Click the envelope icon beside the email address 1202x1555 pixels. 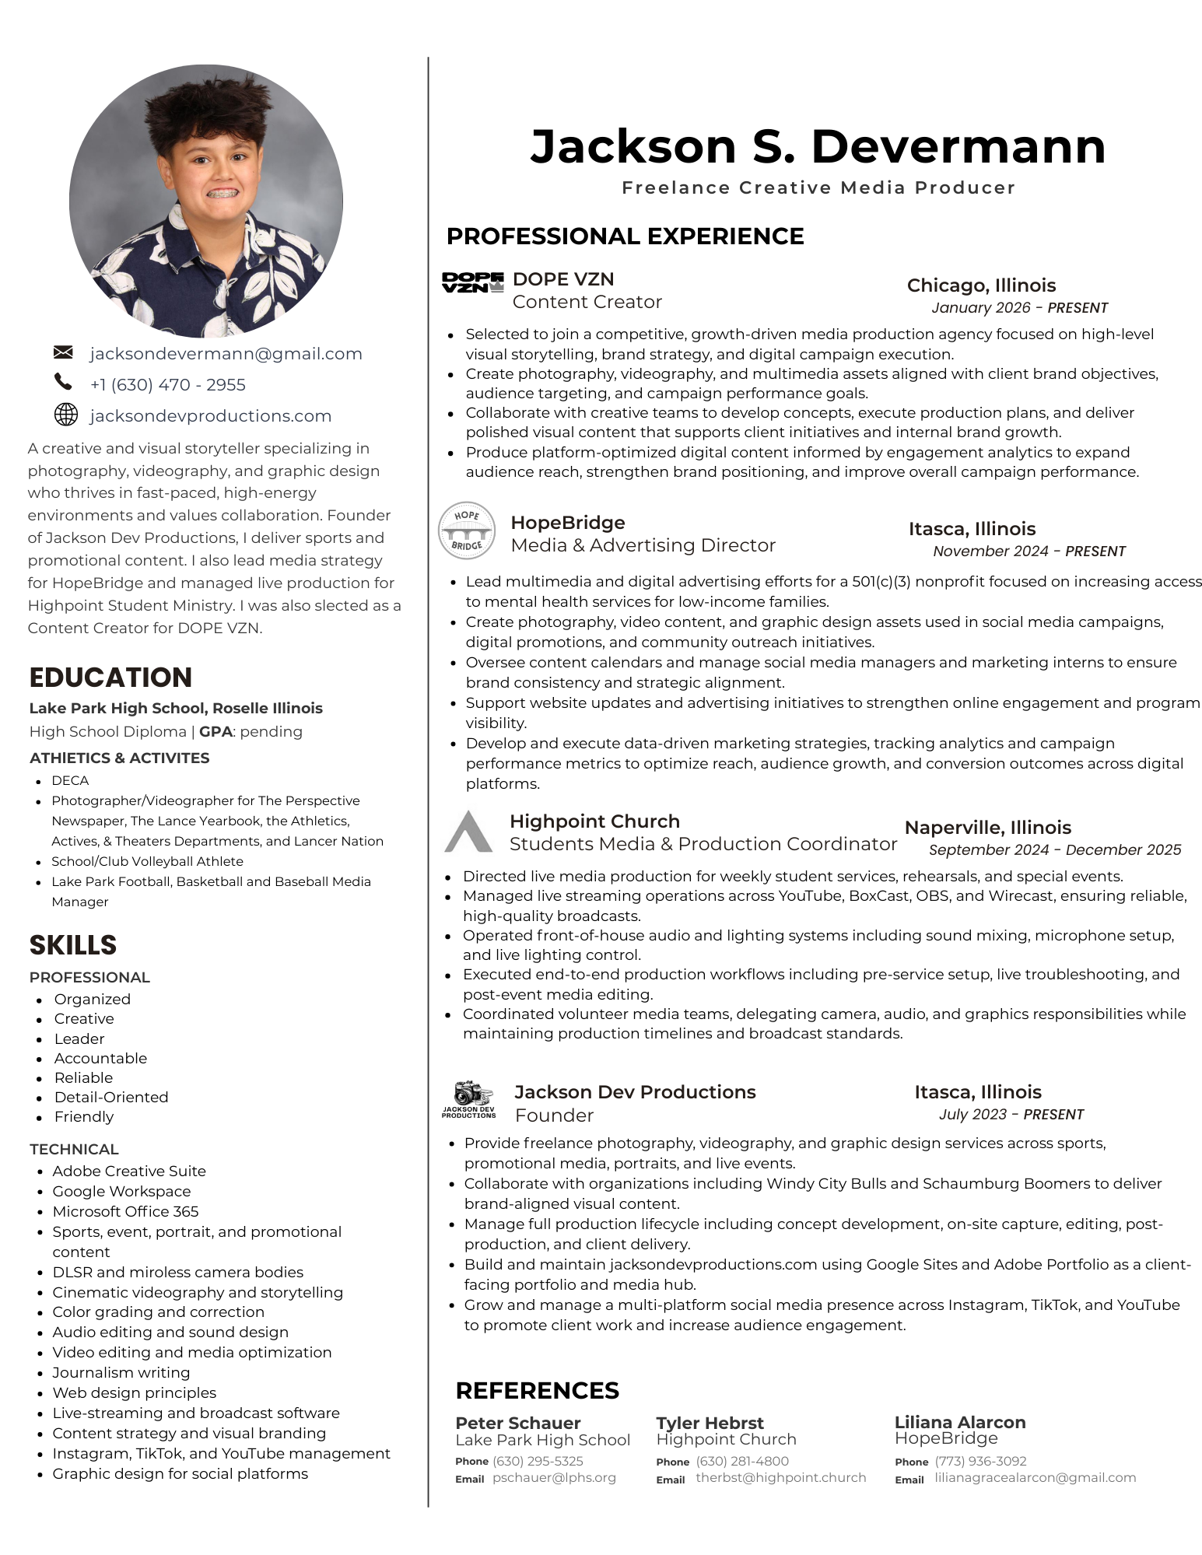(x=63, y=352)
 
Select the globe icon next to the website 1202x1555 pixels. (x=66, y=415)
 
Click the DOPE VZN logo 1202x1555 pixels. (x=472, y=282)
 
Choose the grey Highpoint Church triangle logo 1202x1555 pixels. (x=468, y=832)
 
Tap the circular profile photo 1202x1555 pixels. (x=206, y=201)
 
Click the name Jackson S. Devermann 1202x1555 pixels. (x=818, y=146)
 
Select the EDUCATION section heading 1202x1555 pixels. (x=110, y=678)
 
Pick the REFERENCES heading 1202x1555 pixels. (x=537, y=1390)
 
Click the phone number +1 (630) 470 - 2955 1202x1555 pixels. (x=167, y=385)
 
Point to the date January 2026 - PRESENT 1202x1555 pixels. (x=1019, y=308)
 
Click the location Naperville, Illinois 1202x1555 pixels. (x=987, y=828)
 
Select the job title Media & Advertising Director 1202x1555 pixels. (x=643, y=545)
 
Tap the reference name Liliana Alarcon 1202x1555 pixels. (x=959, y=1422)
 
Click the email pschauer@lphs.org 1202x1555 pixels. (x=554, y=1477)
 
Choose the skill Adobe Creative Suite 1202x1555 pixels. (x=129, y=1171)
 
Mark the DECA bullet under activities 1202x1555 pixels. (x=70, y=780)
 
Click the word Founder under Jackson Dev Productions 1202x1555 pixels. (x=554, y=1115)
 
